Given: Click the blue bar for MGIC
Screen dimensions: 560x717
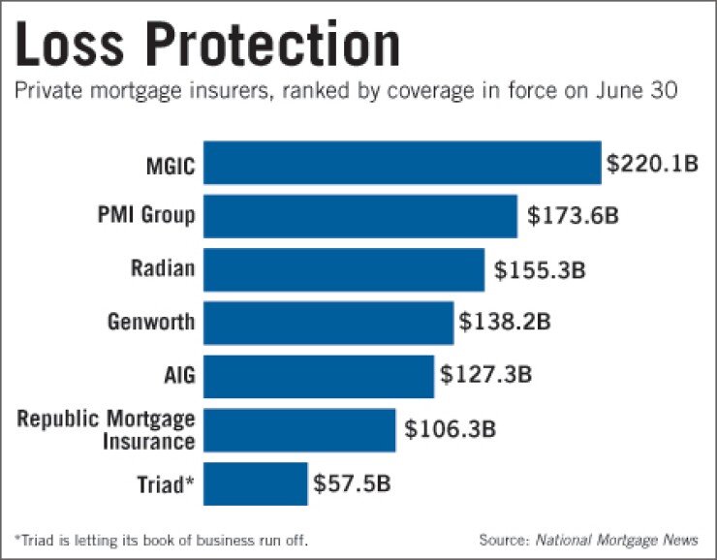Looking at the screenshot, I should tap(402, 163).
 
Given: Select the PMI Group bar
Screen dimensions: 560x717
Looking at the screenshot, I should tap(360, 216).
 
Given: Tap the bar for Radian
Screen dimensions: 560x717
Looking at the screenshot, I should tap(344, 269).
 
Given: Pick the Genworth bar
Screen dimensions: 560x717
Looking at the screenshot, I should tap(328, 323).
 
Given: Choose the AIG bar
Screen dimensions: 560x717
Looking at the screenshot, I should tap(319, 376).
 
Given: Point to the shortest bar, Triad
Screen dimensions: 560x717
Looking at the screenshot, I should tap(256, 482).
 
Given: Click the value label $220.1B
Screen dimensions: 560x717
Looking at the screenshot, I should tap(652, 164).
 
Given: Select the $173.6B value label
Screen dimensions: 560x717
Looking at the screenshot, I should tap(573, 216).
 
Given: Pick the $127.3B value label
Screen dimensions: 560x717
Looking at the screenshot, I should tap(485, 374).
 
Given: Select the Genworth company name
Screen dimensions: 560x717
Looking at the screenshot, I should tap(151, 323).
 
